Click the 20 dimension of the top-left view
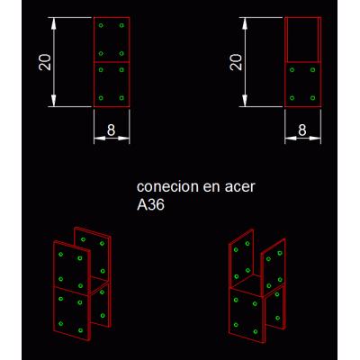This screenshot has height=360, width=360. (x=45, y=62)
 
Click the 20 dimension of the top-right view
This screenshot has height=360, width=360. (x=236, y=62)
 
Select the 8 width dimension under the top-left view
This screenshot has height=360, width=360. (x=111, y=130)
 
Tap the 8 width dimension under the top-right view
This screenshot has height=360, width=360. (x=302, y=130)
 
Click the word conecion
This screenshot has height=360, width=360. (x=167, y=186)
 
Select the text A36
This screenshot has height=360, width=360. (x=150, y=205)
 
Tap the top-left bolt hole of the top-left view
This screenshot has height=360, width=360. (x=101, y=25)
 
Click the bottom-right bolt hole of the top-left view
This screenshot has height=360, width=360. (x=121, y=98)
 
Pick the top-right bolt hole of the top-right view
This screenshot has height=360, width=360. (x=312, y=70)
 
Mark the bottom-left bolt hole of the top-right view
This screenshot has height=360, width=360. (x=292, y=98)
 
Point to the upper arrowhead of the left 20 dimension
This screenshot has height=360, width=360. (x=54, y=23)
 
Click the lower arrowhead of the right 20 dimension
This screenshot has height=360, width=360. (x=245, y=101)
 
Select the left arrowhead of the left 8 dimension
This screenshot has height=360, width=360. (x=100, y=139)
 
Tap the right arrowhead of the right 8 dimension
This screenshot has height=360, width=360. (x=315, y=139)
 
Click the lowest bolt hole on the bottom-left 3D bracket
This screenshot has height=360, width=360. (x=80, y=330)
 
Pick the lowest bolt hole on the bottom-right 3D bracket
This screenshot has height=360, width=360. (x=256, y=331)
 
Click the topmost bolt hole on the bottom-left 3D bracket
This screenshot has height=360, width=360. (x=83, y=239)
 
